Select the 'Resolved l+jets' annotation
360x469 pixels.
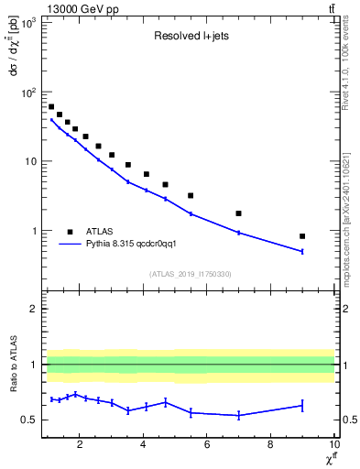tap(190, 38)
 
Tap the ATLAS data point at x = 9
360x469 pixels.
tap(302, 235)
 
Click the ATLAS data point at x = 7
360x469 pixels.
tap(238, 213)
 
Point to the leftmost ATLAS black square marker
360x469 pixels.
tap(51, 107)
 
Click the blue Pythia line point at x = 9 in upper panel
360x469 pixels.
tap(302, 251)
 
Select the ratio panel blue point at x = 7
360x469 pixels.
tap(238, 415)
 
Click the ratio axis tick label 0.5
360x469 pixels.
tap(29, 420)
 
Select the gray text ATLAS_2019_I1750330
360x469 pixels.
tap(190, 274)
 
